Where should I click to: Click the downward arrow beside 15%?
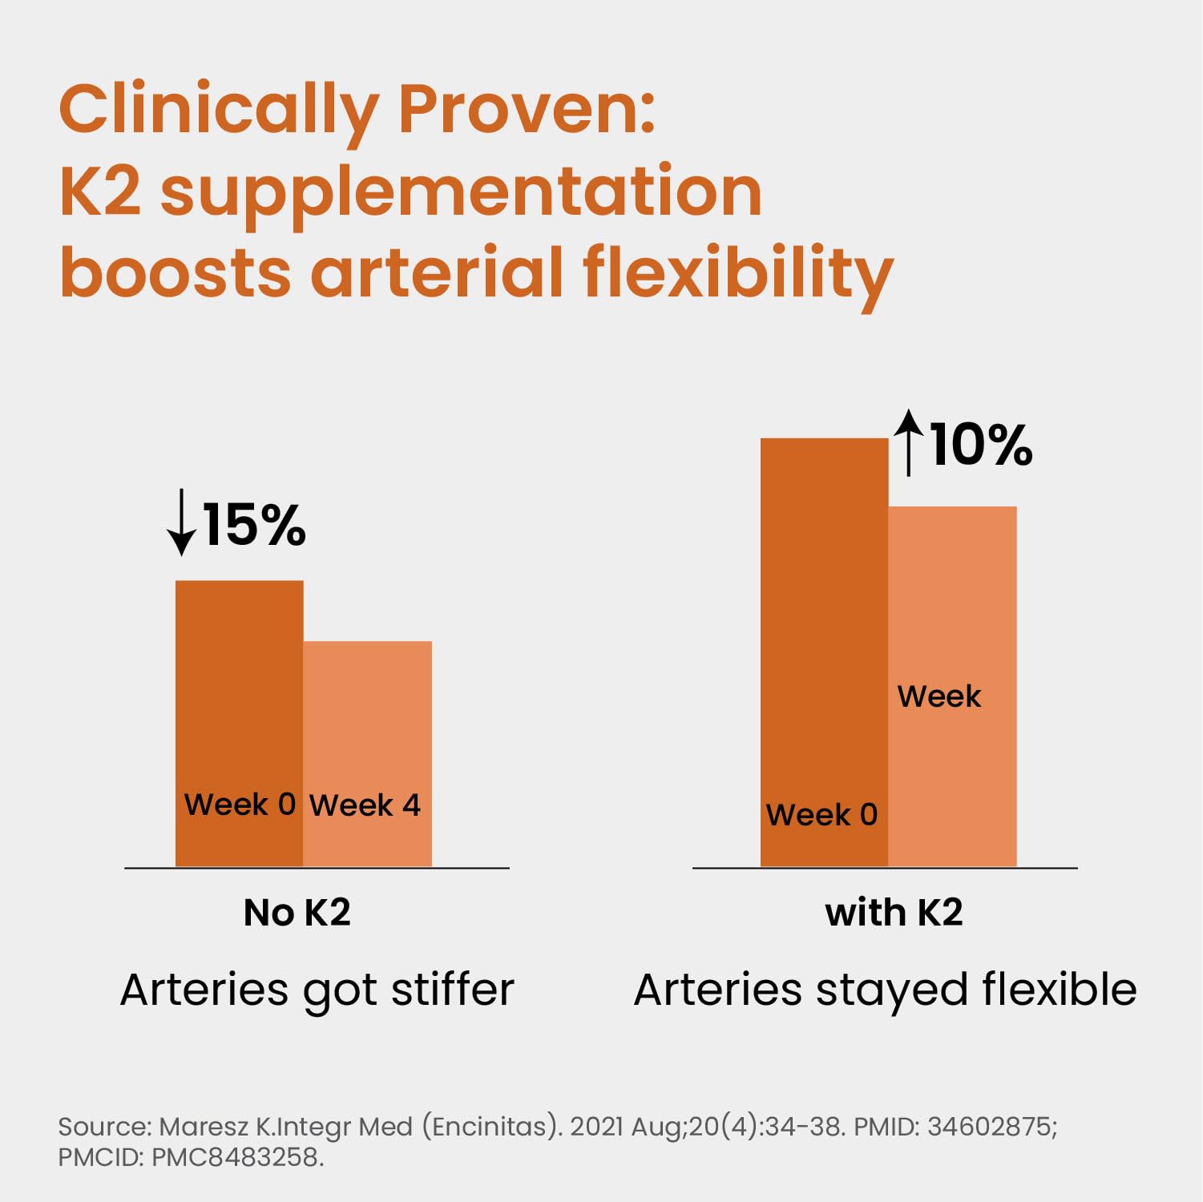tap(182, 522)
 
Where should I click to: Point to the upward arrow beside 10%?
tap(908, 442)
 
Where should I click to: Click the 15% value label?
tap(254, 526)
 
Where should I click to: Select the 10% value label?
tap(981, 445)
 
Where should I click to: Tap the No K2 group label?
tap(297, 913)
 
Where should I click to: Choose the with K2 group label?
tap(894, 913)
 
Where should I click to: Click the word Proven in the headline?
tap(527, 110)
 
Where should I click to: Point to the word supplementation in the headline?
tap(461, 192)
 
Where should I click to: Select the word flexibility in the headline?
tap(737, 272)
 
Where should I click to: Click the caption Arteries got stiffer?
tap(317, 990)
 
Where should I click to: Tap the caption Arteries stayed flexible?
tap(885, 990)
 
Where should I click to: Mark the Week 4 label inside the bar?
tap(365, 805)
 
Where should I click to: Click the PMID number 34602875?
tap(991, 1127)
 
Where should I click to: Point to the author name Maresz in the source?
tap(204, 1127)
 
